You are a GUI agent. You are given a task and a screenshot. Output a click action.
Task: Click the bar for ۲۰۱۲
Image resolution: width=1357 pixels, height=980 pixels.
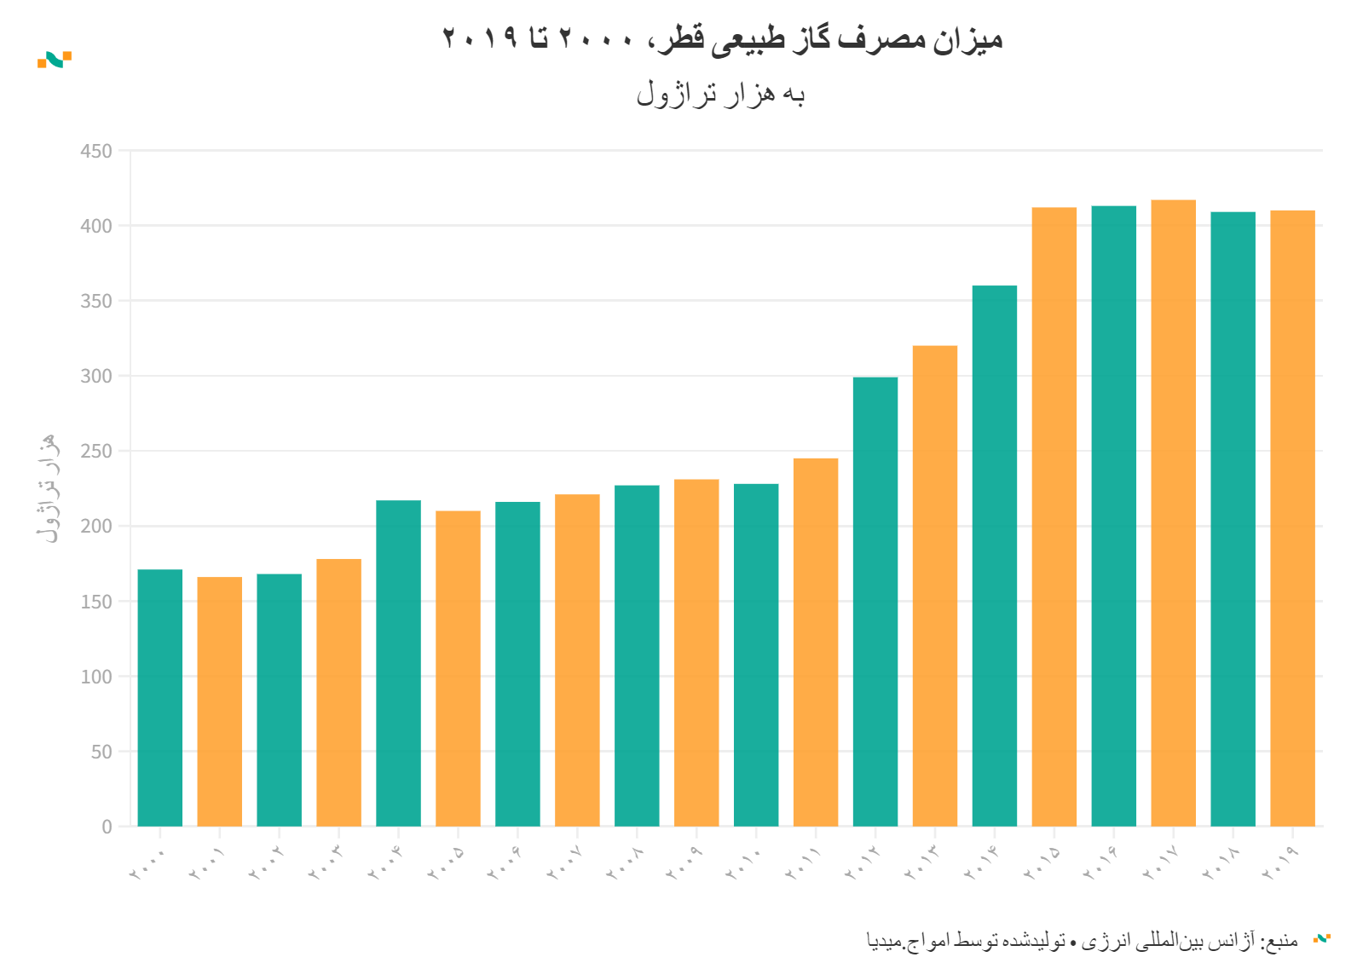[x=875, y=601]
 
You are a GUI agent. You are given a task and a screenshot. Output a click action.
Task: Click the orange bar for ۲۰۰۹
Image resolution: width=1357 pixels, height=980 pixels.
[x=696, y=653]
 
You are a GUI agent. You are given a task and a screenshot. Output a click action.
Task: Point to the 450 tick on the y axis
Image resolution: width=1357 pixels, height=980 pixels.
[x=96, y=151]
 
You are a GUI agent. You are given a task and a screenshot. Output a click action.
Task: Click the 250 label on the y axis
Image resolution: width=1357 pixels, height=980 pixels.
[x=96, y=451]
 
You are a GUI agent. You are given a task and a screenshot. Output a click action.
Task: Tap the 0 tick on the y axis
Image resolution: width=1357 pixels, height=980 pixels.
[x=107, y=827]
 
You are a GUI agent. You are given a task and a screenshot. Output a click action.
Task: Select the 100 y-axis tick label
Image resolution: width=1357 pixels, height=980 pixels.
[x=96, y=677]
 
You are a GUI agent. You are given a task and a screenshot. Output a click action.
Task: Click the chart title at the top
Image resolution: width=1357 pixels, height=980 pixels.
[x=722, y=39]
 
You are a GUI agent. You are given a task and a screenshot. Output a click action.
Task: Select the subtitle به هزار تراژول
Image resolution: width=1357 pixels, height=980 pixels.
[x=721, y=94]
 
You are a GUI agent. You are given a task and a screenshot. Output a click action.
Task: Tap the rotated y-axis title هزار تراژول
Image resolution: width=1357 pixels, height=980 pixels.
[x=48, y=487]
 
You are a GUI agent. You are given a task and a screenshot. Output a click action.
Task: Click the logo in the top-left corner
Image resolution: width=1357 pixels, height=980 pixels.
[x=55, y=60]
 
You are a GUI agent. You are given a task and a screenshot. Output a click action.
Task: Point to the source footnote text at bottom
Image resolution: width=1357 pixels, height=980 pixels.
[x=1082, y=941]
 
